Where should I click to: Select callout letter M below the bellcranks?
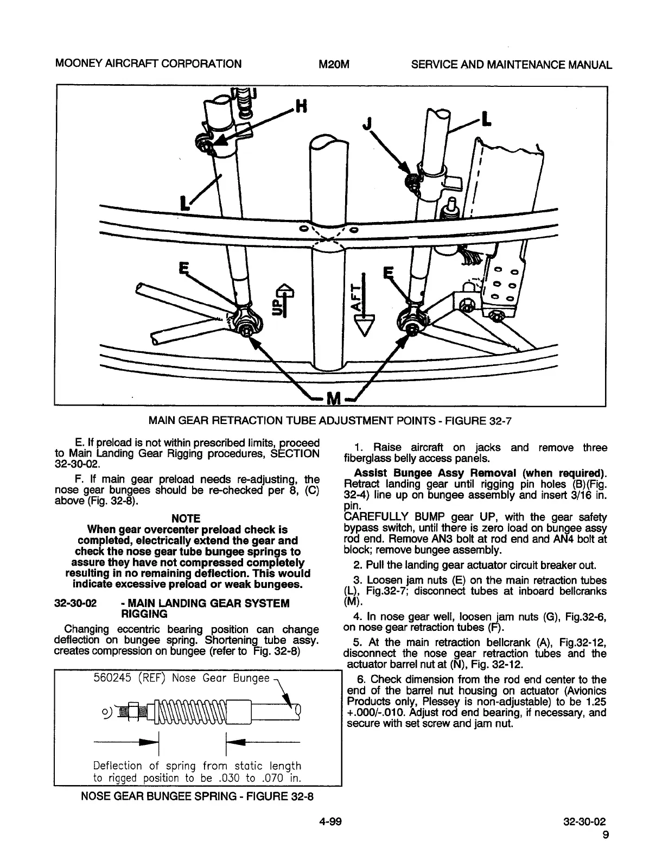click(332, 400)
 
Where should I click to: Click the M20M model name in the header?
click(333, 65)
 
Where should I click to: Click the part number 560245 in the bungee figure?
click(110, 678)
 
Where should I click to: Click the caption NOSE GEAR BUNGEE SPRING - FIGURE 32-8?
click(198, 796)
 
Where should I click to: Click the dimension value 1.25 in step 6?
click(596, 701)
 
